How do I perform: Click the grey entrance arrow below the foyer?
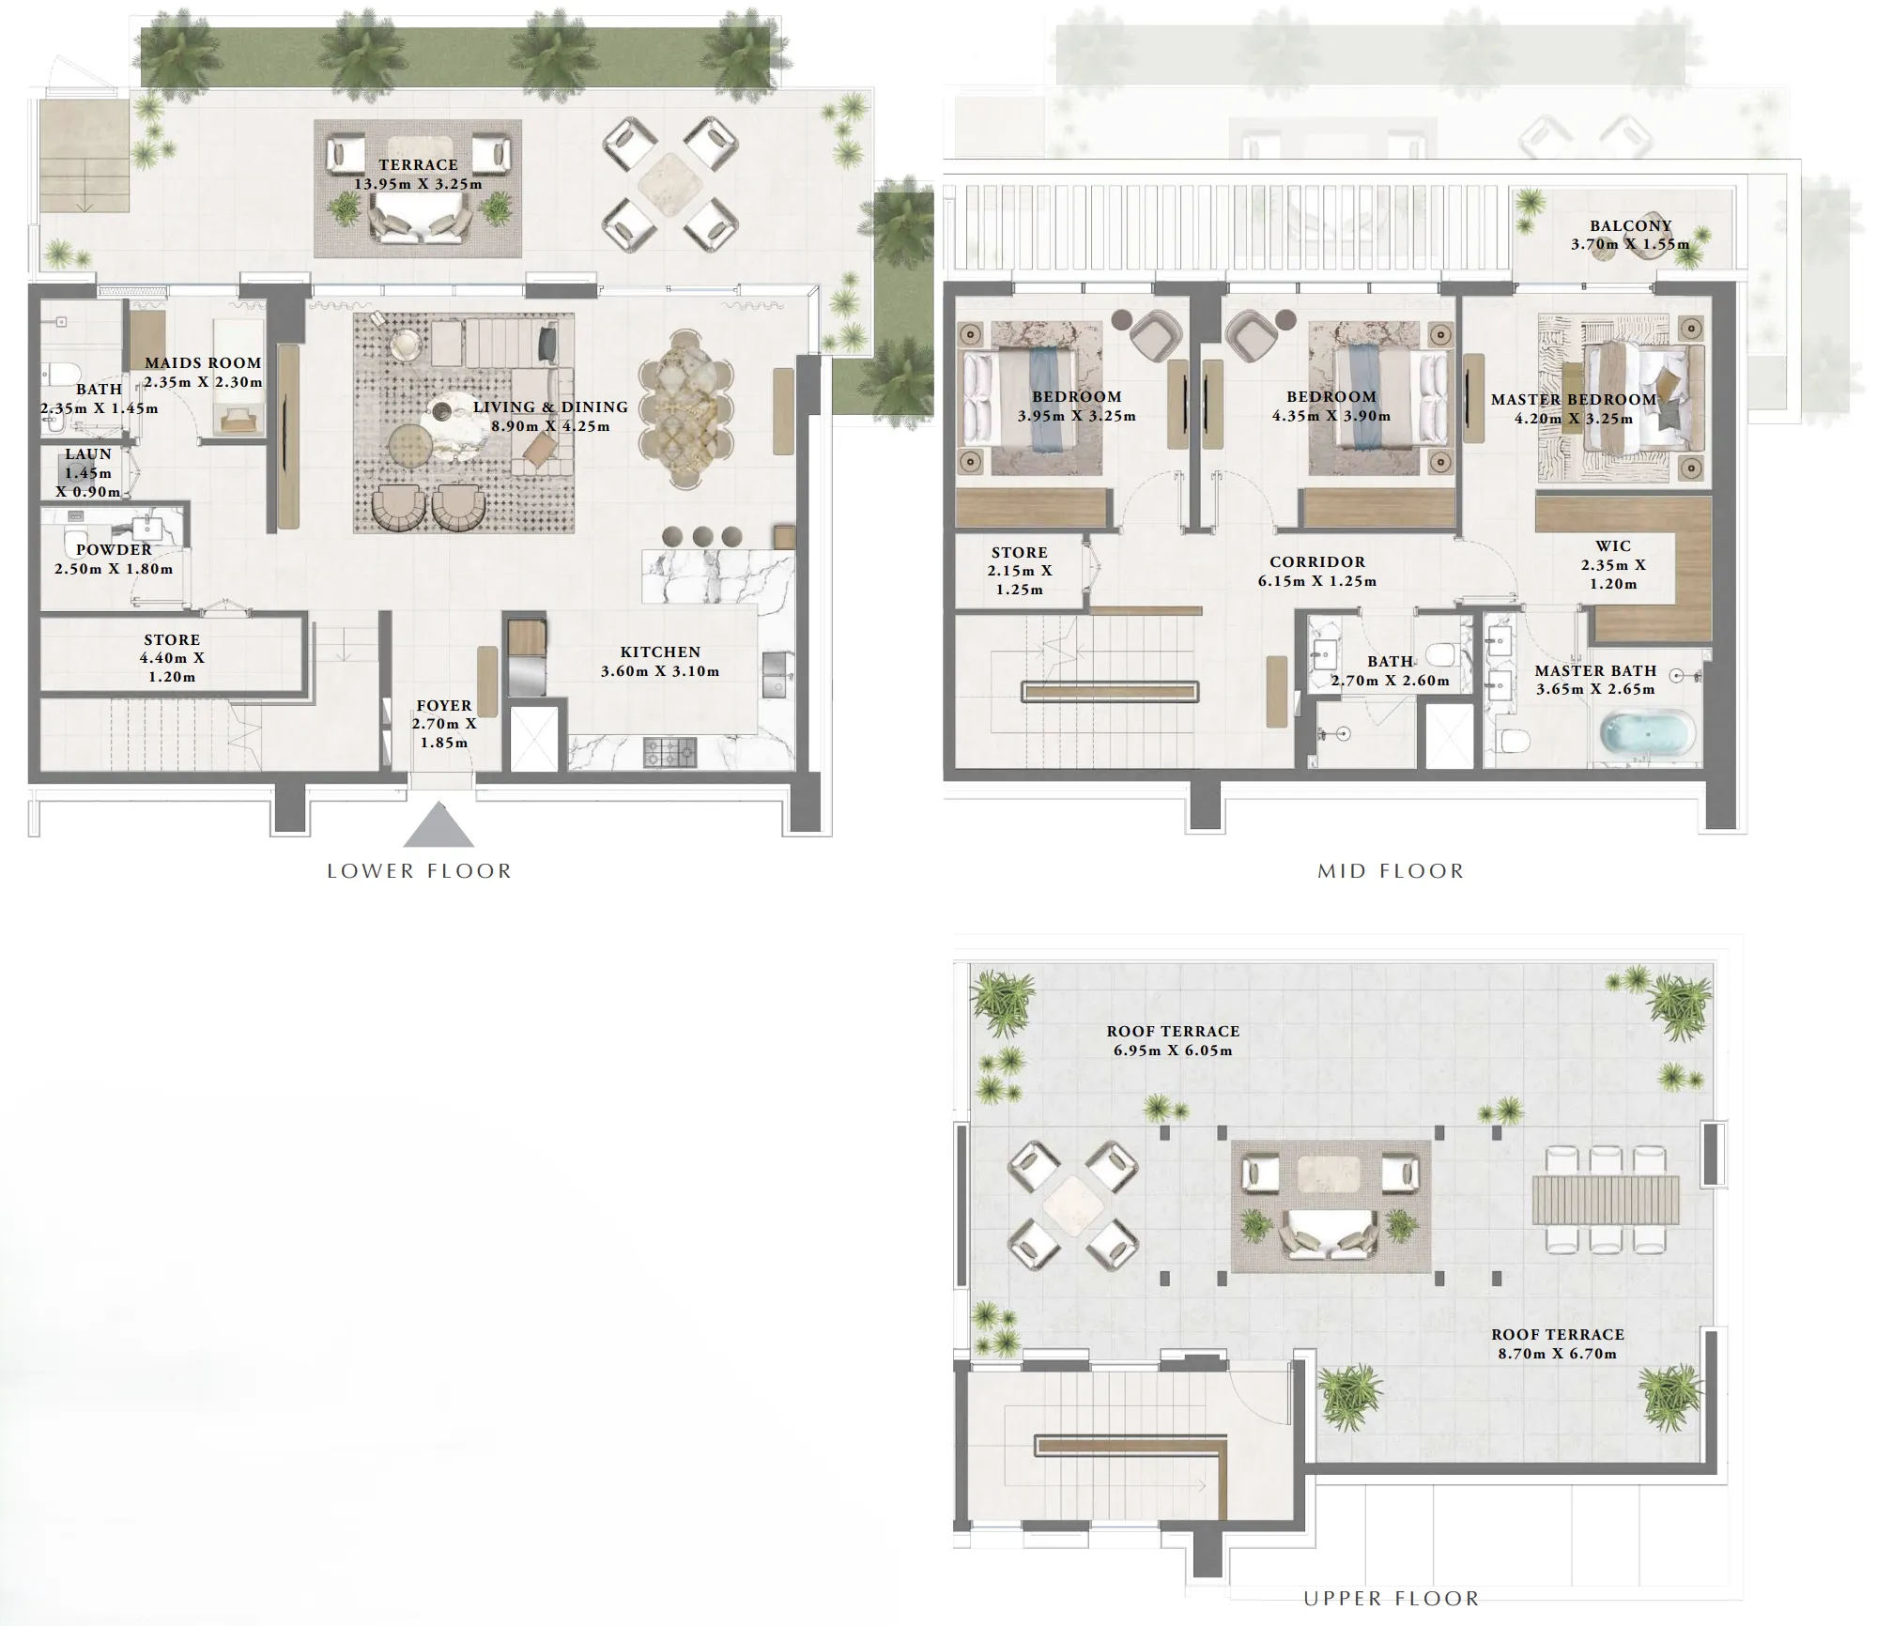(438, 826)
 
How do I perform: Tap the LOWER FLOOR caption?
(420, 871)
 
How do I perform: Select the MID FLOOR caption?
(1391, 871)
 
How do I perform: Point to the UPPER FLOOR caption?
(1391, 1598)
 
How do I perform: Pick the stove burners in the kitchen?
(670, 751)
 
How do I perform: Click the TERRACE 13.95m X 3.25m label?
(418, 175)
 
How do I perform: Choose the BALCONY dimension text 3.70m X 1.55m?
(1630, 244)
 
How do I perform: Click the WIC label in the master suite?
(1613, 546)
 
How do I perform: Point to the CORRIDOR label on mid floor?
(1317, 562)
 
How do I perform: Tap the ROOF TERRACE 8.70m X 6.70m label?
(1558, 1343)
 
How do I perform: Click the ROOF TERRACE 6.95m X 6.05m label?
(1173, 1040)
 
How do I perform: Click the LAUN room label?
(88, 454)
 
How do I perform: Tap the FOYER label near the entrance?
(444, 706)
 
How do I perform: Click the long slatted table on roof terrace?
(1605, 1201)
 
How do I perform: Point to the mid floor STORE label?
(1019, 553)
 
